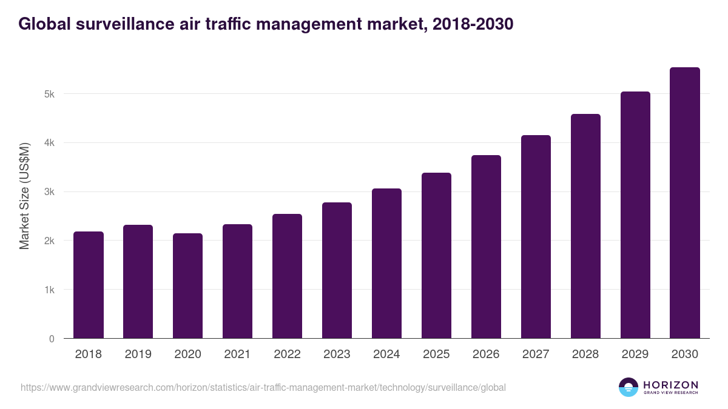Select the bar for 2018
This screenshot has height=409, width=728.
coord(89,285)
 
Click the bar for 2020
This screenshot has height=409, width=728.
coord(188,286)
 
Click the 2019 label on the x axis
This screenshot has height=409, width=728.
coord(138,354)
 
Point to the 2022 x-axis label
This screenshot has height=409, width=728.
coord(287,354)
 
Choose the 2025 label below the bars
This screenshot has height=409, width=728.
coord(436,354)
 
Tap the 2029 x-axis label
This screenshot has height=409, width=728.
coord(635,354)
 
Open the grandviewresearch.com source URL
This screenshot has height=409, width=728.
coord(263,387)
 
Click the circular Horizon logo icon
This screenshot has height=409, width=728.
coord(629,387)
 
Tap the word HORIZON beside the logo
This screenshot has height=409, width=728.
coord(670,385)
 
